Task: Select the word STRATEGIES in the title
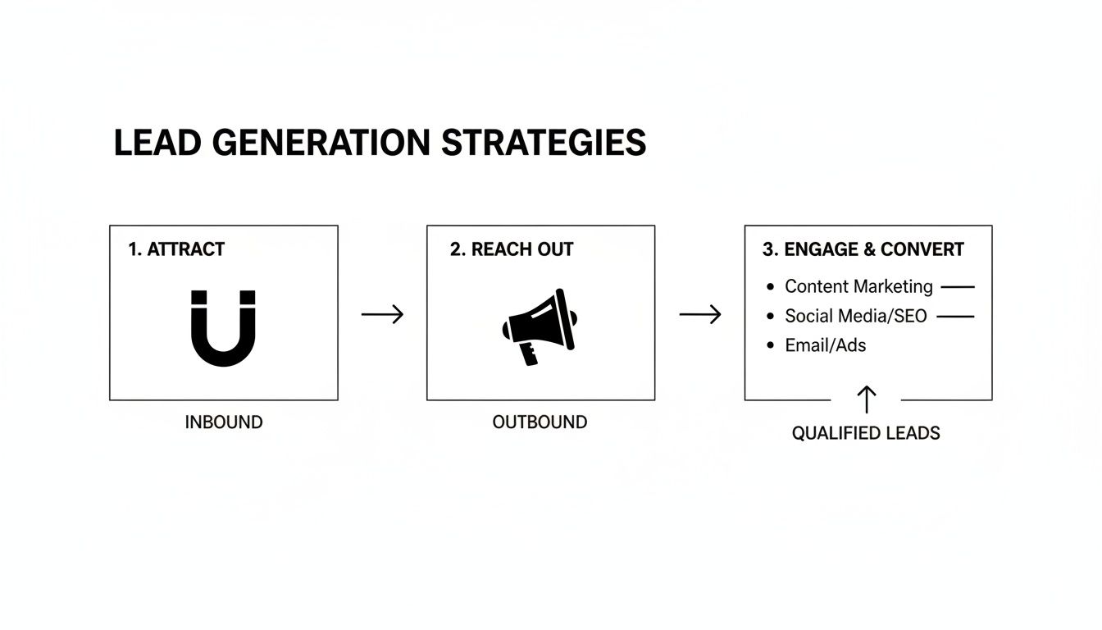point(544,143)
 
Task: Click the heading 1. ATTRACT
point(176,249)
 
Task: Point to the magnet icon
point(223,327)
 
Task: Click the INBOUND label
point(224,422)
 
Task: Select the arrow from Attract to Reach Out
point(382,314)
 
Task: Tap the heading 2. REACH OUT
point(512,249)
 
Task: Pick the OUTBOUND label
point(540,422)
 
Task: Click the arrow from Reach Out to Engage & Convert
point(700,314)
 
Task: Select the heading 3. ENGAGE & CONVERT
point(863,249)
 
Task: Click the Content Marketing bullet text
point(858,286)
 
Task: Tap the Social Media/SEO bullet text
point(855,316)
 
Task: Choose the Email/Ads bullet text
point(825,345)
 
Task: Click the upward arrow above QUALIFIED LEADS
point(867,399)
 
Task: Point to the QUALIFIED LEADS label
point(866,433)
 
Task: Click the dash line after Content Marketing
point(958,287)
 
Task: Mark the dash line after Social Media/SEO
point(955,316)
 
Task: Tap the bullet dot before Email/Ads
point(770,345)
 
